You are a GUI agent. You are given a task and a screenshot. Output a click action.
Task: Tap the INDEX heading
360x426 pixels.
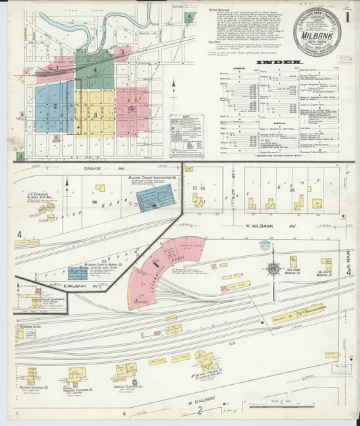pyautogui.click(x=278, y=62)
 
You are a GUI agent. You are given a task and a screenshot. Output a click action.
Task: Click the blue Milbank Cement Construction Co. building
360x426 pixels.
pyautogui.click(x=155, y=197)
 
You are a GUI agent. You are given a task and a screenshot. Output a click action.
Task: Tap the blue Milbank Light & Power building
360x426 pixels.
pyautogui.click(x=78, y=273)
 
